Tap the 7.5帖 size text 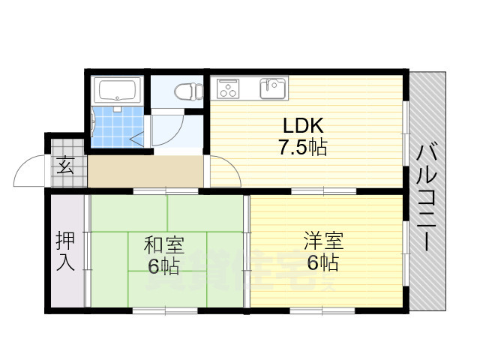coord(303,147)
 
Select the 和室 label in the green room coord(163,244)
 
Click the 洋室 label coord(323,242)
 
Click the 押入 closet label coord(64,252)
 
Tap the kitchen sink coord(271,88)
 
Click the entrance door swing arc coord(30,171)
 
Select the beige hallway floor coord(146,172)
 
